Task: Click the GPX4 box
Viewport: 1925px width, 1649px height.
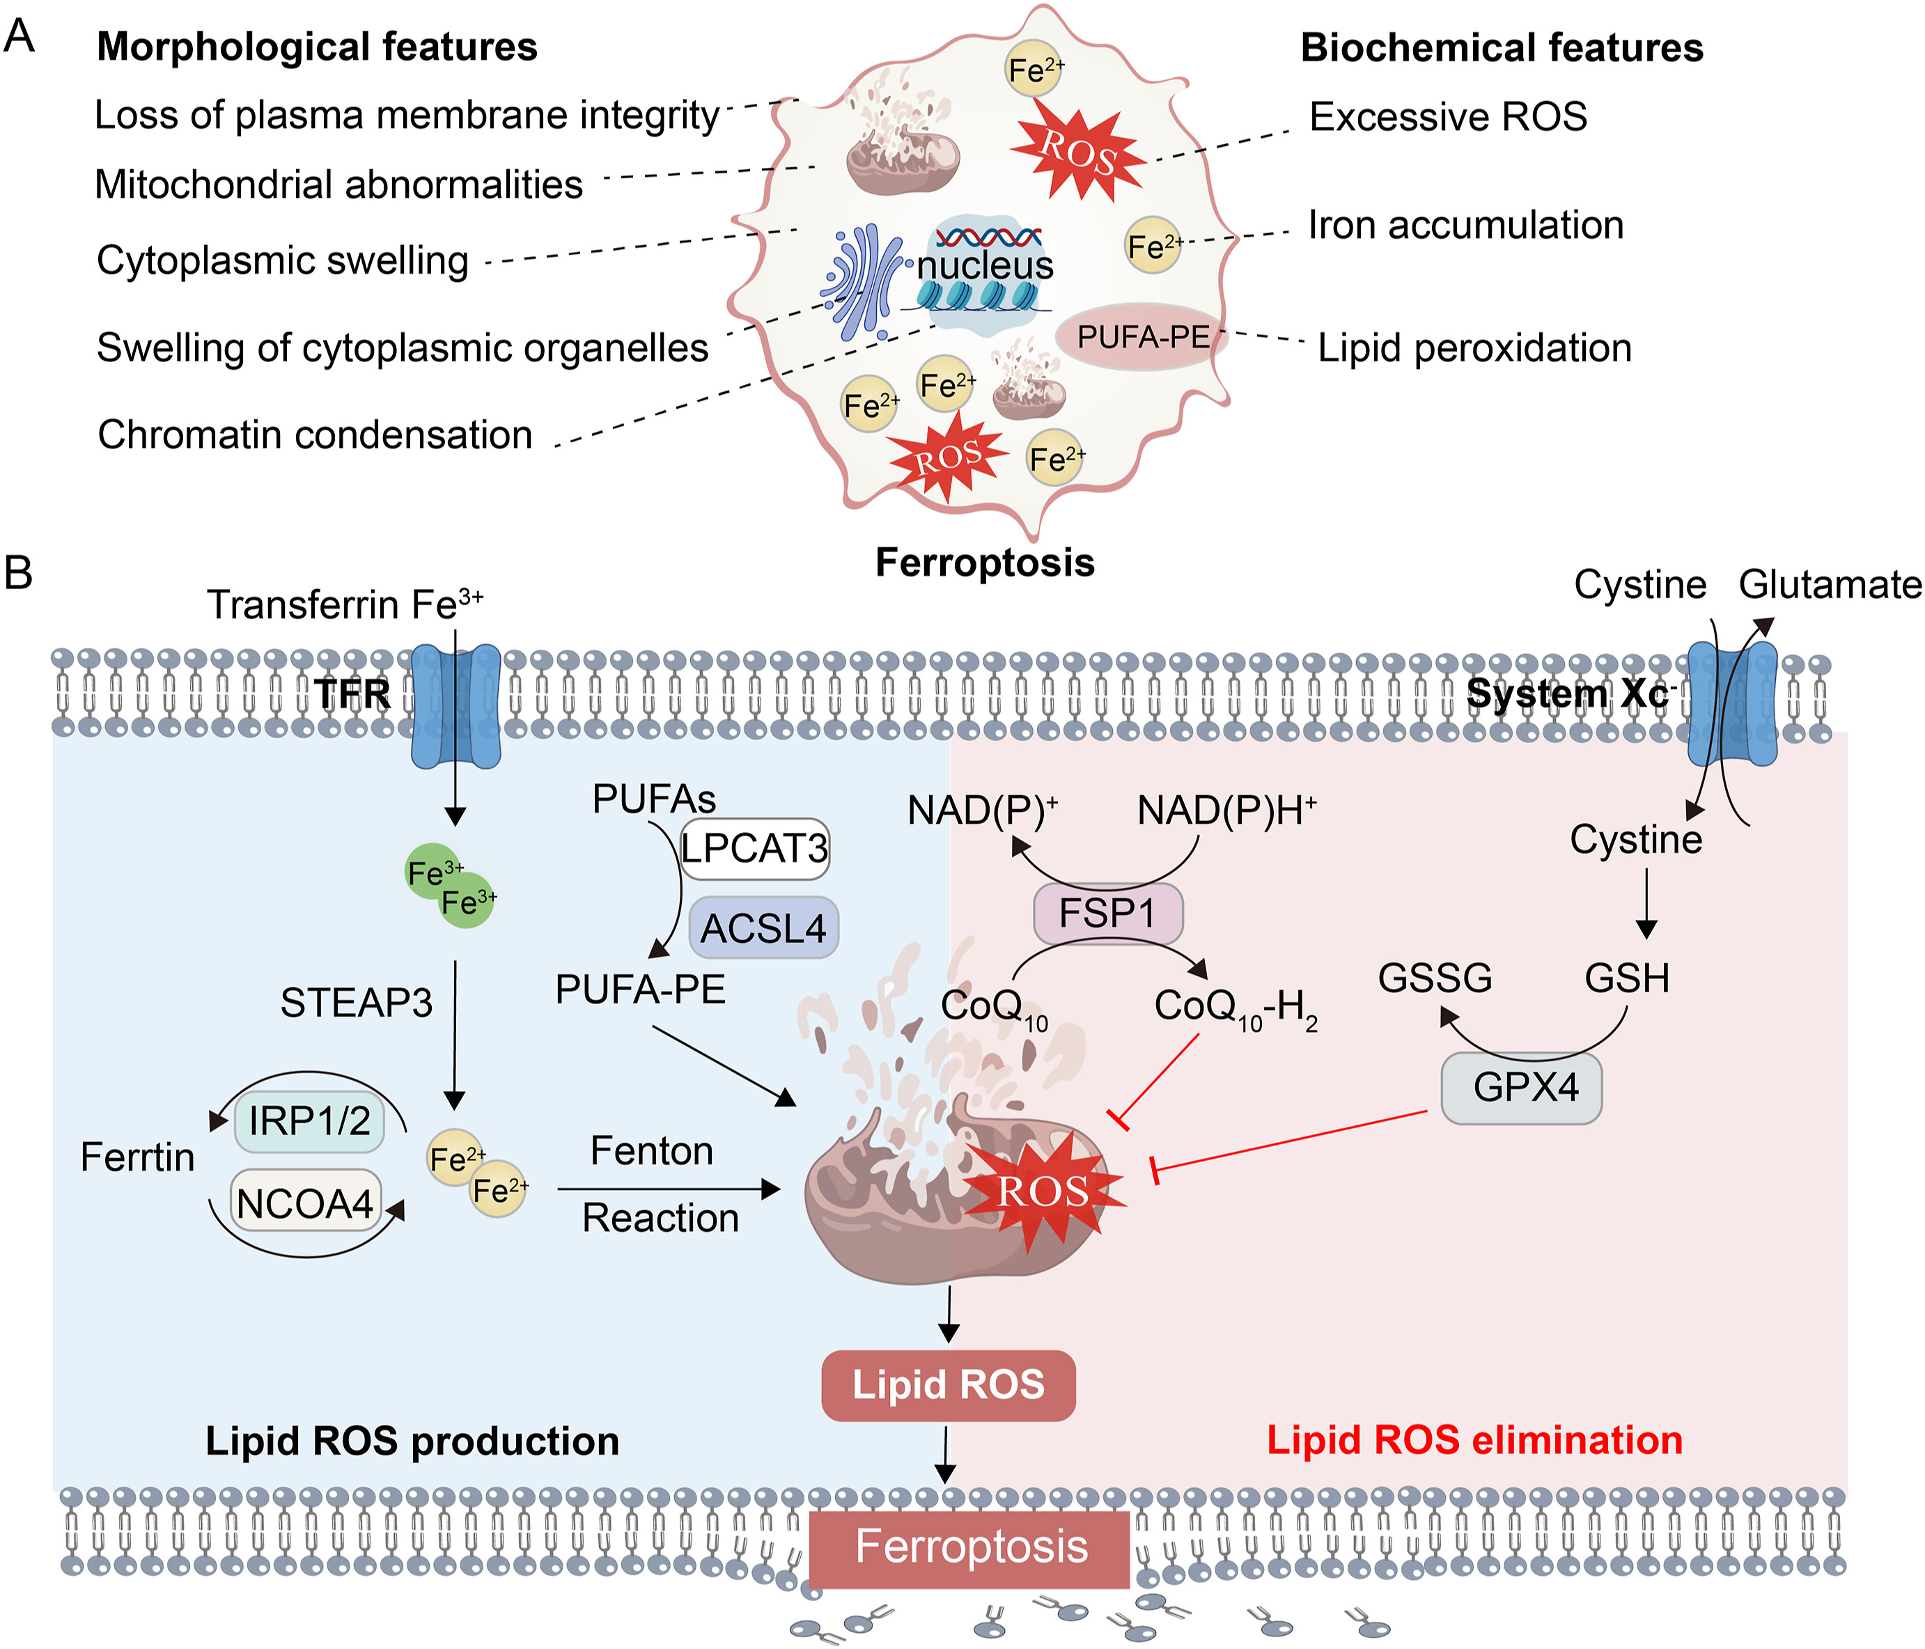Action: (x=1521, y=1088)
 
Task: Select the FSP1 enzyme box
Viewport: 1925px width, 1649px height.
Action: (x=1107, y=913)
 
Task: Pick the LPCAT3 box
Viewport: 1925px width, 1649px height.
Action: (x=754, y=848)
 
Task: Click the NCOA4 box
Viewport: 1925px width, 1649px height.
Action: (x=305, y=1203)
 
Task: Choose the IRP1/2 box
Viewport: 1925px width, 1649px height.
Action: (x=309, y=1121)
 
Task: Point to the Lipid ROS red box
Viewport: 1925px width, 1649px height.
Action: (x=949, y=1385)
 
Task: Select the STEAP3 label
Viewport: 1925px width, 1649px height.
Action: (x=356, y=1003)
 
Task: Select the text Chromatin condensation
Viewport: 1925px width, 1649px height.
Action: (x=315, y=435)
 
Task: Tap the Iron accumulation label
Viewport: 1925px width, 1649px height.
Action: (x=1465, y=225)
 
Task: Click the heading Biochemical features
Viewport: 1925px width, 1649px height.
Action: (x=1502, y=48)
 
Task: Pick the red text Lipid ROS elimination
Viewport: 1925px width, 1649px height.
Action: (x=1474, y=1440)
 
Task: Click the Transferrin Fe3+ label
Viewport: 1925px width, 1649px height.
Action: (x=344, y=604)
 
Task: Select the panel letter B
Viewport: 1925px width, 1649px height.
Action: (x=19, y=572)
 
